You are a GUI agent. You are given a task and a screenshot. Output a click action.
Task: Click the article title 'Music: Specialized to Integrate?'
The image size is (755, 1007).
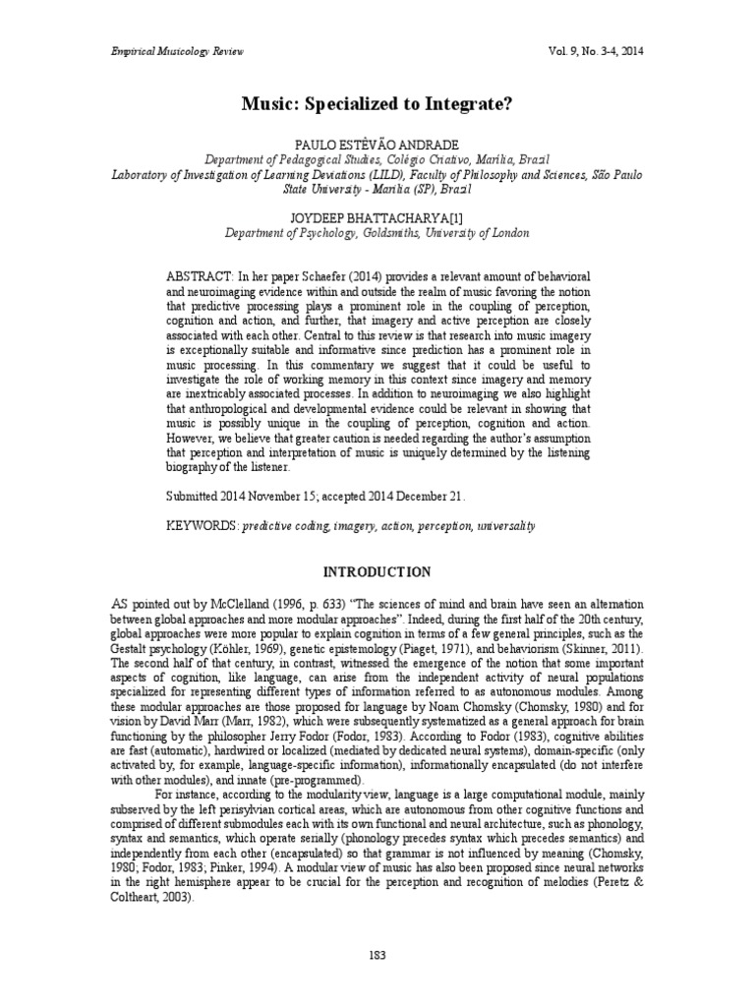click(377, 102)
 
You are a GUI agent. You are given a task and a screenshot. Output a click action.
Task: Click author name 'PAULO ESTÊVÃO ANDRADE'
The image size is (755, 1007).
click(377, 143)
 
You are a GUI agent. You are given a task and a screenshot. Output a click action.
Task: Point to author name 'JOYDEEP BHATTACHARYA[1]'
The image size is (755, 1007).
click(377, 216)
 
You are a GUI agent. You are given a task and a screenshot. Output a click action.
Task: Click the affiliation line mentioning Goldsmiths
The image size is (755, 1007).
click(377, 233)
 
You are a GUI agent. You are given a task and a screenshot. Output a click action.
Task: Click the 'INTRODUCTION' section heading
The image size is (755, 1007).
click(377, 571)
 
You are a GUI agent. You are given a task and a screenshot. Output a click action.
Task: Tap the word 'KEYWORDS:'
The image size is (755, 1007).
click(201, 526)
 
